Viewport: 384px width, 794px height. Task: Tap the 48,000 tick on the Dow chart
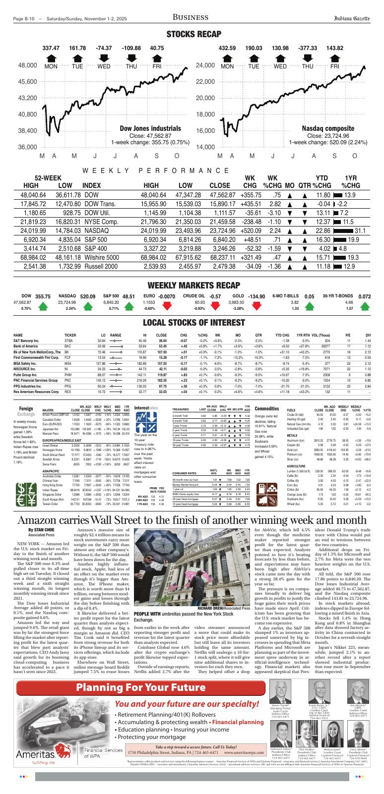point(31,65)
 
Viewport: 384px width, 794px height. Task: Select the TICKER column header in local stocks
point(70,335)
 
